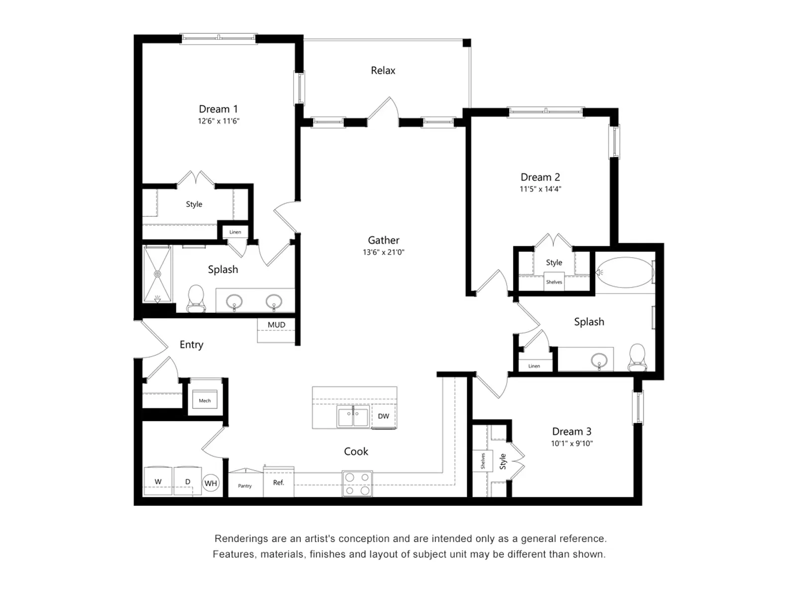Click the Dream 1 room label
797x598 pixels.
click(218, 109)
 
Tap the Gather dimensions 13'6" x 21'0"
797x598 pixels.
click(383, 252)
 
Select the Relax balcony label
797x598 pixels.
click(383, 71)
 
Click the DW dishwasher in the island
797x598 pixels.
click(384, 416)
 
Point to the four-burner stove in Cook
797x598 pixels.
click(357, 484)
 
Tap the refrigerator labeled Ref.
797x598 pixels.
click(278, 482)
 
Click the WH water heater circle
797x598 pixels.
click(211, 483)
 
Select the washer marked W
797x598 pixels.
click(158, 481)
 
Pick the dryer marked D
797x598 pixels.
click(187, 481)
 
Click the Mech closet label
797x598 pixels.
click(205, 400)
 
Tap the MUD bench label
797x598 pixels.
click(276, 325)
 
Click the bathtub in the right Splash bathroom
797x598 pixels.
click(625, 272)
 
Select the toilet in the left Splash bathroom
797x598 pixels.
click(196, 298)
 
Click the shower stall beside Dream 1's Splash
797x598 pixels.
click(157, 274)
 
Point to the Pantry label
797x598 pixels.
click(245, 486)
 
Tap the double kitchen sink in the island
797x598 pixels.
click(353, 417)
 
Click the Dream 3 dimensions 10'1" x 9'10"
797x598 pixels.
click(571, 444)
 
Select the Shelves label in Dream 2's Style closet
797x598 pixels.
click(554, 282)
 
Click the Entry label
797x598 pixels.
click(191, 345)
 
